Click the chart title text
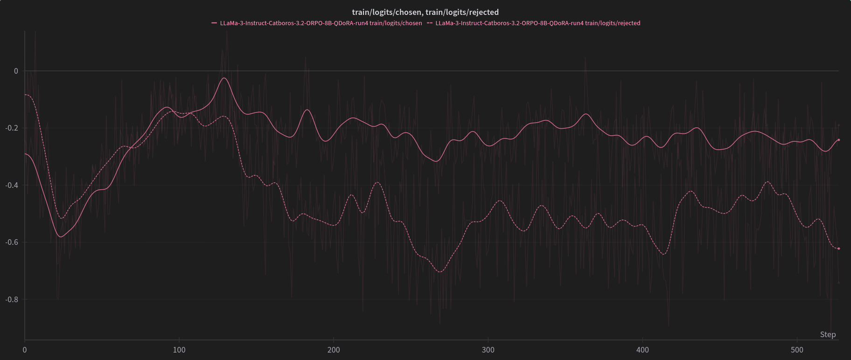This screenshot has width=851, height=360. click(x=425, y=12)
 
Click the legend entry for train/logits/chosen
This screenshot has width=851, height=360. click(x=321, y=23)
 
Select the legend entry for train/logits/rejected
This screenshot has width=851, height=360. click(x=537, y=23)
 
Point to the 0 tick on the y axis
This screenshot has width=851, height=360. click(x=16, y=71)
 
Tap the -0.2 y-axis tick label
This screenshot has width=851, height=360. click(x=13, y=128)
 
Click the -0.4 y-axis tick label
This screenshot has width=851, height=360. click(x=13, y=185)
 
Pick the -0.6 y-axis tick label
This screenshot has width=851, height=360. click(x=13, y=242)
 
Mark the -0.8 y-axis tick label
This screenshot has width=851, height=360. click(x=13, y=299)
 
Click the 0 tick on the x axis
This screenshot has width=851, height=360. click(x=25, y=350)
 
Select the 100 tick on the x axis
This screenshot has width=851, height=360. click(x=179, y=350)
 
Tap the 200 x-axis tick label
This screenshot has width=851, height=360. click(x=334, y=350)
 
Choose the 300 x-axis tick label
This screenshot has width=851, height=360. click(x=488, y=350)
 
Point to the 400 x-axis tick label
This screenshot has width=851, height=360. click(x=642, y=350)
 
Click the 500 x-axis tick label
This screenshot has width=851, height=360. click(x=797, y=350)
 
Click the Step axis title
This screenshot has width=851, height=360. click(x=828, y=334)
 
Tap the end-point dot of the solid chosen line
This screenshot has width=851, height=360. click(x=838, y=140)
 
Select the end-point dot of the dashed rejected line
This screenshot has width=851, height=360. click(x=838, y=249)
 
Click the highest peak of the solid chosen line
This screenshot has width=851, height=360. click(x=224, y=78)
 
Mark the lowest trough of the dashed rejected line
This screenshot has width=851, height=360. click(x=440, y=271)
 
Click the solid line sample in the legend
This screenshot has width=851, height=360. click(x=214, y=23)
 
